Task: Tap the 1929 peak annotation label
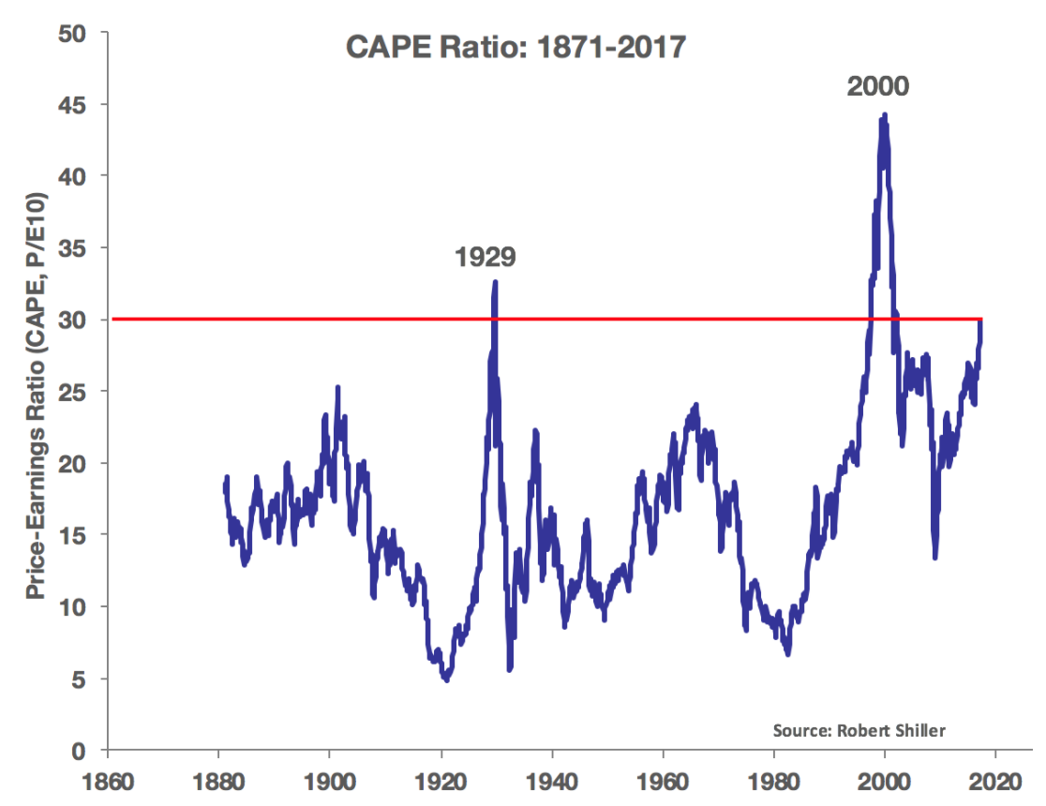point(486,257)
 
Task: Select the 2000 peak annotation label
point(878,86)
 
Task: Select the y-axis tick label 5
point(79,679)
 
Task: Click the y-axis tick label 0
point(79,751)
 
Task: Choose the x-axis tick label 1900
point(330,782)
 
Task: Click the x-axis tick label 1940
point(552,782)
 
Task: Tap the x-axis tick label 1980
point(774,782)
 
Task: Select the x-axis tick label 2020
point(995,782)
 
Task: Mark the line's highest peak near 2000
point(884,115)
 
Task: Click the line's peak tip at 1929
point(495,281)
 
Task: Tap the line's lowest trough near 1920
point(447,679)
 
